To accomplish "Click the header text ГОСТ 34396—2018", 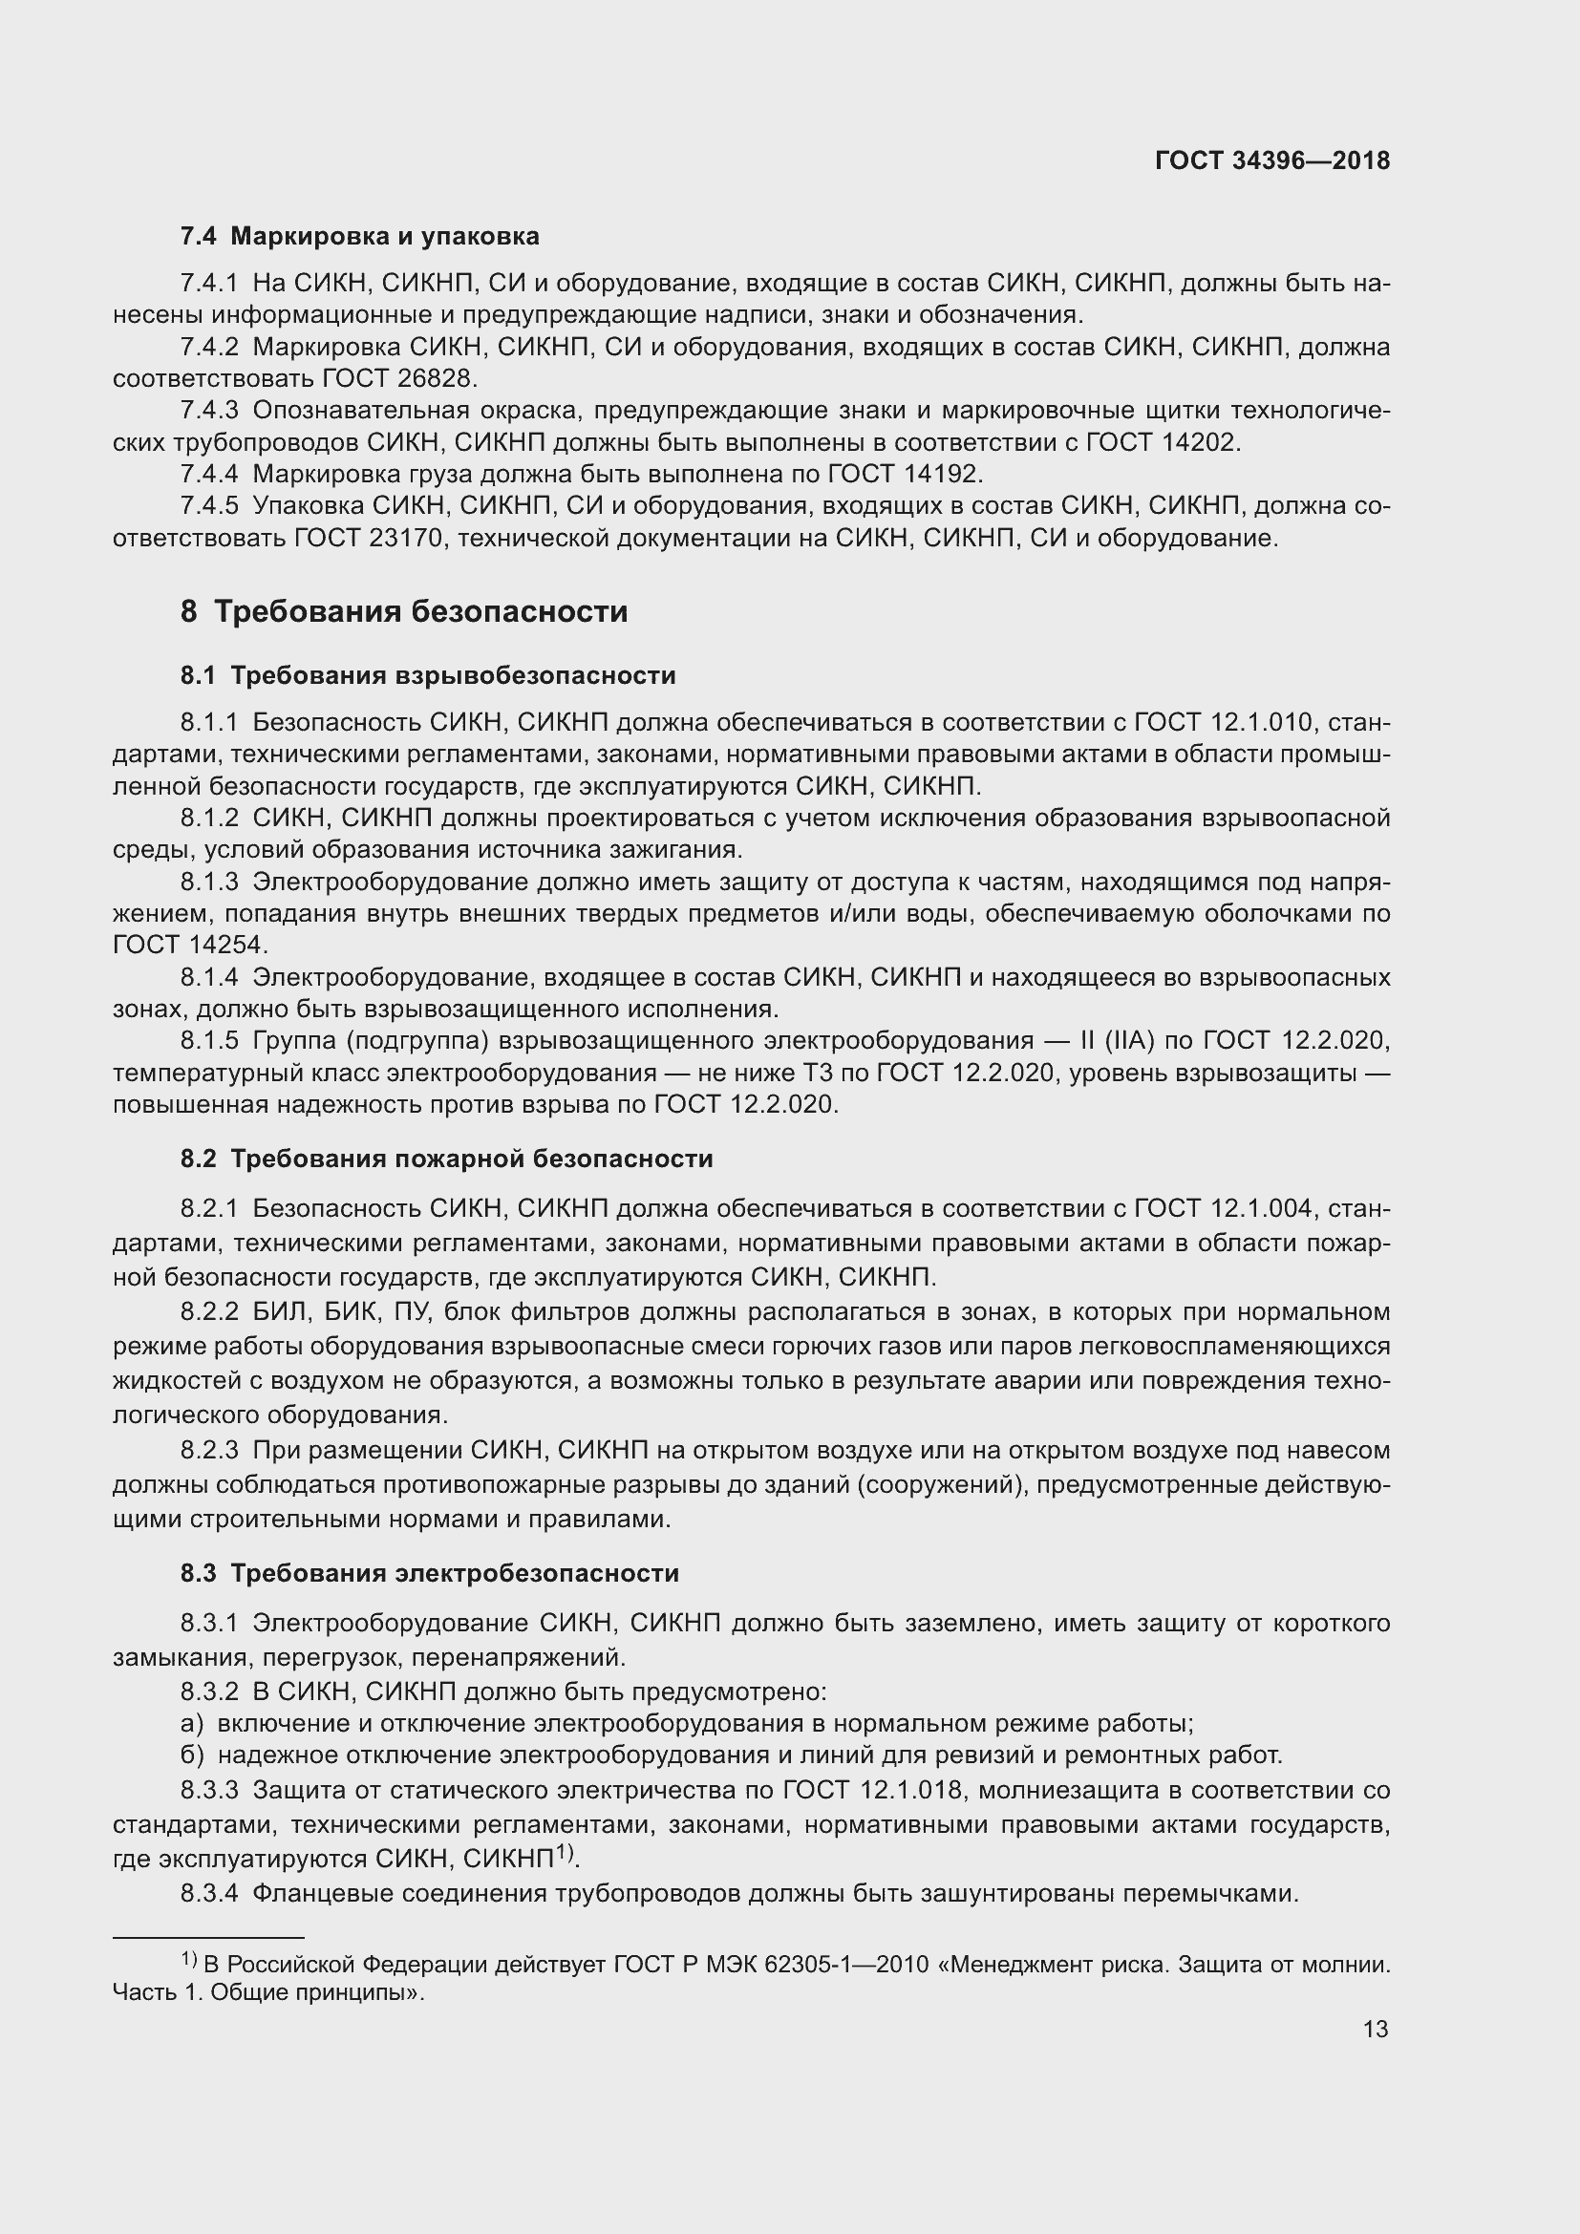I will coord(1271,160).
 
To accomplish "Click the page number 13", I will coord(1375,2029).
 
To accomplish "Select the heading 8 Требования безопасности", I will coord(404,612).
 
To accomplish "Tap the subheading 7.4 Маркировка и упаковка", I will coord(360,237).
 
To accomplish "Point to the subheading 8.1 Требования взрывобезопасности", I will coord(428,675).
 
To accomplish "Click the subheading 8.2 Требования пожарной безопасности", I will coord(446,1159).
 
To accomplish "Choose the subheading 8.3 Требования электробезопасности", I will coord(430,1573).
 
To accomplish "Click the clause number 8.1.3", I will coord(209,882).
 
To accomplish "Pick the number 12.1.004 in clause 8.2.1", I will coord(1263,1208).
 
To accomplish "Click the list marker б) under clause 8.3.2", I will coord(192,1755).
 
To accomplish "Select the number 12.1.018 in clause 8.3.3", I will coord(911,1790).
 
